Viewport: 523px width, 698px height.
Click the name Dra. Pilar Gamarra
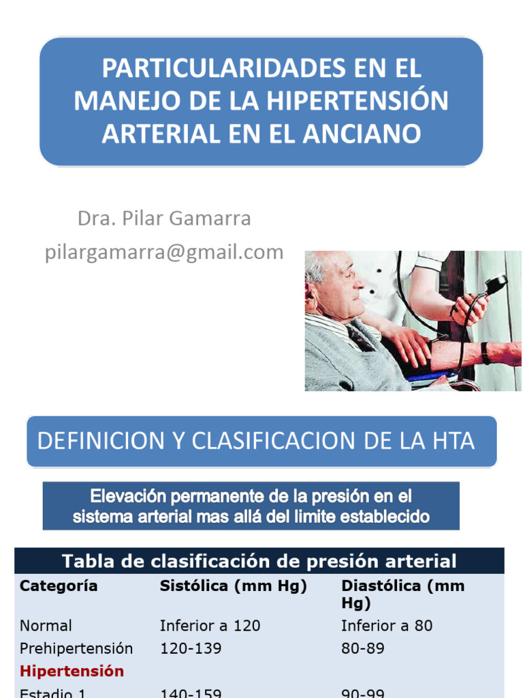coord(164,219)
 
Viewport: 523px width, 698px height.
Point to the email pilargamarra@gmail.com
coord(164,252)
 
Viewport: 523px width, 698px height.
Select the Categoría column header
coord(59,586)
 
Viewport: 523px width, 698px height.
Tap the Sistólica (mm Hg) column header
coord(234,586)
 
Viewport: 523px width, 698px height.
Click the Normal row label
coord(46,626)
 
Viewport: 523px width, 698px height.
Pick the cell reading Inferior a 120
coord(210,626)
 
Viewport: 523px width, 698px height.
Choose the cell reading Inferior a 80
coord(386,626)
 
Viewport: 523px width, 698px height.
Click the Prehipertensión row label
coord(76,648)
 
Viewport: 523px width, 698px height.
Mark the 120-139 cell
coord(191,648)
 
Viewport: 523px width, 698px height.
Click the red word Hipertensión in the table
coord(72,671)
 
